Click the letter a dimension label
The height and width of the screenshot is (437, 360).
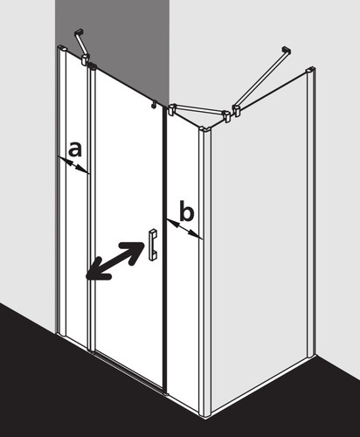coord(75,149)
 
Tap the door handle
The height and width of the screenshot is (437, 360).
coord(153,245)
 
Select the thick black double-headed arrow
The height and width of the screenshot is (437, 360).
coord(115,261)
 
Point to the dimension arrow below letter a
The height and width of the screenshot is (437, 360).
coord(73,165)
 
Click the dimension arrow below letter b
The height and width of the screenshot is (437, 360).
coord(184,229)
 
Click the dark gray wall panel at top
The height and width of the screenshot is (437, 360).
coord(112,50)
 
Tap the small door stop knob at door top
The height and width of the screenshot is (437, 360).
coord(154,104)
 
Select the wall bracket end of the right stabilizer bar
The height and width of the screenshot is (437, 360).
coord(287,50)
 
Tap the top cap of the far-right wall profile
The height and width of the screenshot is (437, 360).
coord(310,70)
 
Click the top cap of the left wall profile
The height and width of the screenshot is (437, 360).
coord(63,47)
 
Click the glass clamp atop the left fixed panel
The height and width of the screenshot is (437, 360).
coord(85,59)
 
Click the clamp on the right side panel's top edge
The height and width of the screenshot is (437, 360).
coord(237,111)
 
